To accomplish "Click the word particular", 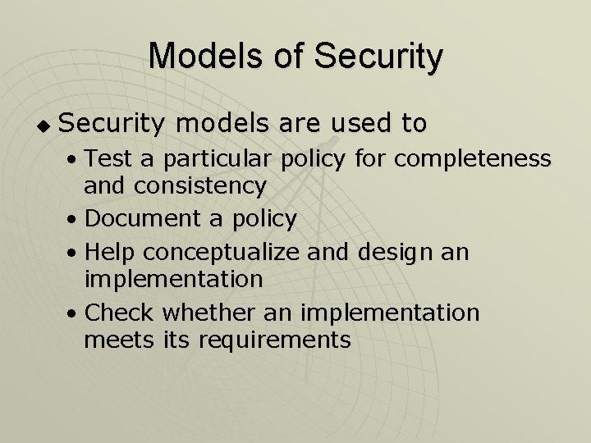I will point(210,157).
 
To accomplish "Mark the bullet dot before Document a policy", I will point(74,220).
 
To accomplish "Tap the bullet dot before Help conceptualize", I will point(74,251).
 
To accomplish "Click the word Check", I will point(119,312).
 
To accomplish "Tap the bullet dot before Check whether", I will point(74,313).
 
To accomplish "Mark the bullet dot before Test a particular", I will point(74,158).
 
